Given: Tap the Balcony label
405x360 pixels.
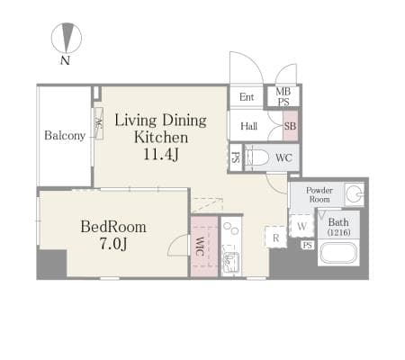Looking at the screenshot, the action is pyautogui.click(x=65, y=136).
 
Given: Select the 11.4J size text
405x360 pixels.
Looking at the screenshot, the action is pyautogui.click(x=161, y=155).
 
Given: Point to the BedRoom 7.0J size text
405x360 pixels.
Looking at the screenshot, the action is pyautogui.click(x=113, y=244).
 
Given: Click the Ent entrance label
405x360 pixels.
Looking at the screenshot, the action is pyautogui.click(x=247, y=97).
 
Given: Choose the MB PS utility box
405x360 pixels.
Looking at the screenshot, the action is pyautogui.click(x=283, y=96).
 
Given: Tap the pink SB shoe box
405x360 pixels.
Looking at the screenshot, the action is pyautogui.click(x=291, y=126).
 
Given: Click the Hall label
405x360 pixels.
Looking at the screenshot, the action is pyautogui.click(x=249, y=126).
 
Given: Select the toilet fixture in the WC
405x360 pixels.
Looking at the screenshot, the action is pyautogui.click(x=256, y=157).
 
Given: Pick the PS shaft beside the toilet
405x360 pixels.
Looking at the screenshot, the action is pyautogui.click(x=236, y=157).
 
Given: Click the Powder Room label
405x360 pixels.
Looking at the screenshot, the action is pyautogui.click(x=319, y=194).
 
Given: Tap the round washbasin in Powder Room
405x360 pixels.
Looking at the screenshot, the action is pyautogui.click(x=353, y=194).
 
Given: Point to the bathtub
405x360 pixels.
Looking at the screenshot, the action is pyautogui.click(x=338, y=253).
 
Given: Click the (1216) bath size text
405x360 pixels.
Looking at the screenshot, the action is pyautogui.click(x=338, y=232).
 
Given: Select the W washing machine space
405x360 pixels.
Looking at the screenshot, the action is pyautogui.click(x=301, y=226).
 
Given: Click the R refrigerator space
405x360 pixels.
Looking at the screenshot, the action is pyautogui.click(x=275, y=238).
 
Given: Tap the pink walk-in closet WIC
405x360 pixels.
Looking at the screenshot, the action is pyautogui.click(x=204, y=247).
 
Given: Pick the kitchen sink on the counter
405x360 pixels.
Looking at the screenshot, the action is pyautogui.click(x=231, y=259).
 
